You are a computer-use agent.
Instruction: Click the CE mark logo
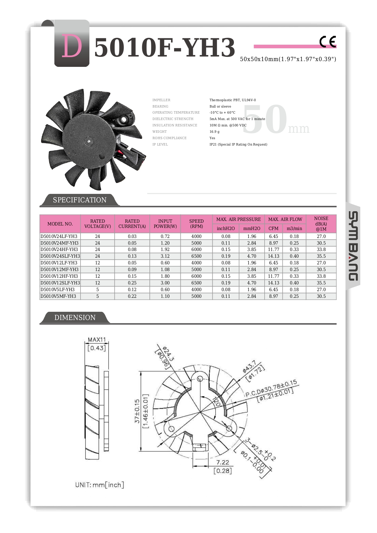pyautogui.click(x=327, y=42)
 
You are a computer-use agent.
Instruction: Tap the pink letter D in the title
pyautogui.click(x=72, y=46)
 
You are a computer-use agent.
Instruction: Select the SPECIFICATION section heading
pyautogui.click(x=80, y=200)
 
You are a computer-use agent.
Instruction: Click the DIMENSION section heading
pyautogui.click(x=75, y=318)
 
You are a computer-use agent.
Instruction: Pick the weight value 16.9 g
pyautogui.click(x=214, y=132)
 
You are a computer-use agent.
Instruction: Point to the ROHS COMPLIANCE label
pyautogui.click(x=170, y=138)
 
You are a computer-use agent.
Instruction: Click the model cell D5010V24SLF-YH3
pyautogui.click(x=60, y=256)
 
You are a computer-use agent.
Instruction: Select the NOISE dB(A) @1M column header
pyautogui.click(x=321, y=224)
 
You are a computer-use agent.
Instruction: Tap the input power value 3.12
pyautogui.click(x=165, y=256)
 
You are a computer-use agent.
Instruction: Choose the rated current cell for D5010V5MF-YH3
pyautogui.click(x=132, y=296)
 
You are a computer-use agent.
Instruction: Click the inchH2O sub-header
pyautogui.click(x=226, y=229)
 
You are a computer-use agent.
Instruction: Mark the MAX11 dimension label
pyautogui.click(x=97, y=340)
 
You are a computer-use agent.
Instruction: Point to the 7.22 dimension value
pyautogui.click(x=223, y=462)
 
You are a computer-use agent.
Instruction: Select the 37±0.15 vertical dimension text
pyautogui.click(x=137, y=411)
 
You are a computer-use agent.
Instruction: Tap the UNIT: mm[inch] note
pyautogui.click(x=100, y=485)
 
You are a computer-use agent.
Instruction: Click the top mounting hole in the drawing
pyautogui.click(x=200, y=379)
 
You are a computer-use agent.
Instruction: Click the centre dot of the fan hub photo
pyautogui.click(x=88, y=140)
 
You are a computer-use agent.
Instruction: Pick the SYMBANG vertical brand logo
pyautogui.click(x=353, y=246)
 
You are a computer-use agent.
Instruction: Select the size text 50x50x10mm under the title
pyautogui.click(x=288, y=59)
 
